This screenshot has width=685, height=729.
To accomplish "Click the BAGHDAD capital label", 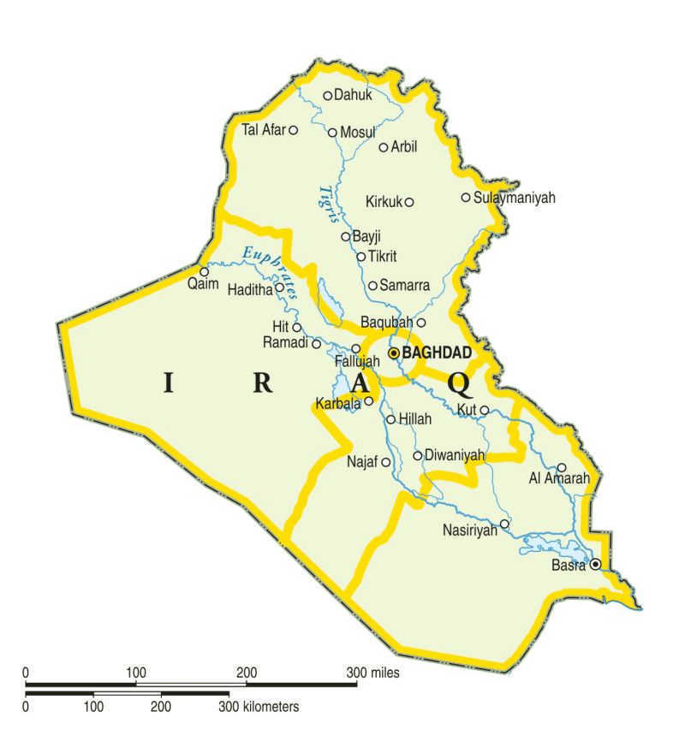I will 436,353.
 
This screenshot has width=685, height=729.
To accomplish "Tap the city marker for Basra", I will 595,564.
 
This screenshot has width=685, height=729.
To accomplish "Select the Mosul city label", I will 358,133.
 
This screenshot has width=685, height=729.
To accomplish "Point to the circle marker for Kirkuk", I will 409,202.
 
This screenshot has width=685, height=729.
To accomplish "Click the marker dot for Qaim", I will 204,271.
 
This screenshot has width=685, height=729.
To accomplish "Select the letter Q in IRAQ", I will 458,382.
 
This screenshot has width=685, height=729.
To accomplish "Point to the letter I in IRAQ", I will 168,382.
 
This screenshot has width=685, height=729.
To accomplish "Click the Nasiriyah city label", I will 470,530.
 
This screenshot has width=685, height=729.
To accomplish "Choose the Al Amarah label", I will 559,479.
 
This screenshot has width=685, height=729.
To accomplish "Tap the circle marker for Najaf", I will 385,462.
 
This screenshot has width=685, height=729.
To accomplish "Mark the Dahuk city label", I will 354,96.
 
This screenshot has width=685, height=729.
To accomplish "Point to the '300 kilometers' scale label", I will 259,707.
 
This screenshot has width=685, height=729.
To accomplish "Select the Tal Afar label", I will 263,130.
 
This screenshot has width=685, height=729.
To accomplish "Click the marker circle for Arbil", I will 384,147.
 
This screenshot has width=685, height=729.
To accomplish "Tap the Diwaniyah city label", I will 455,456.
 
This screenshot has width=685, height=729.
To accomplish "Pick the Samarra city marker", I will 373,286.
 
